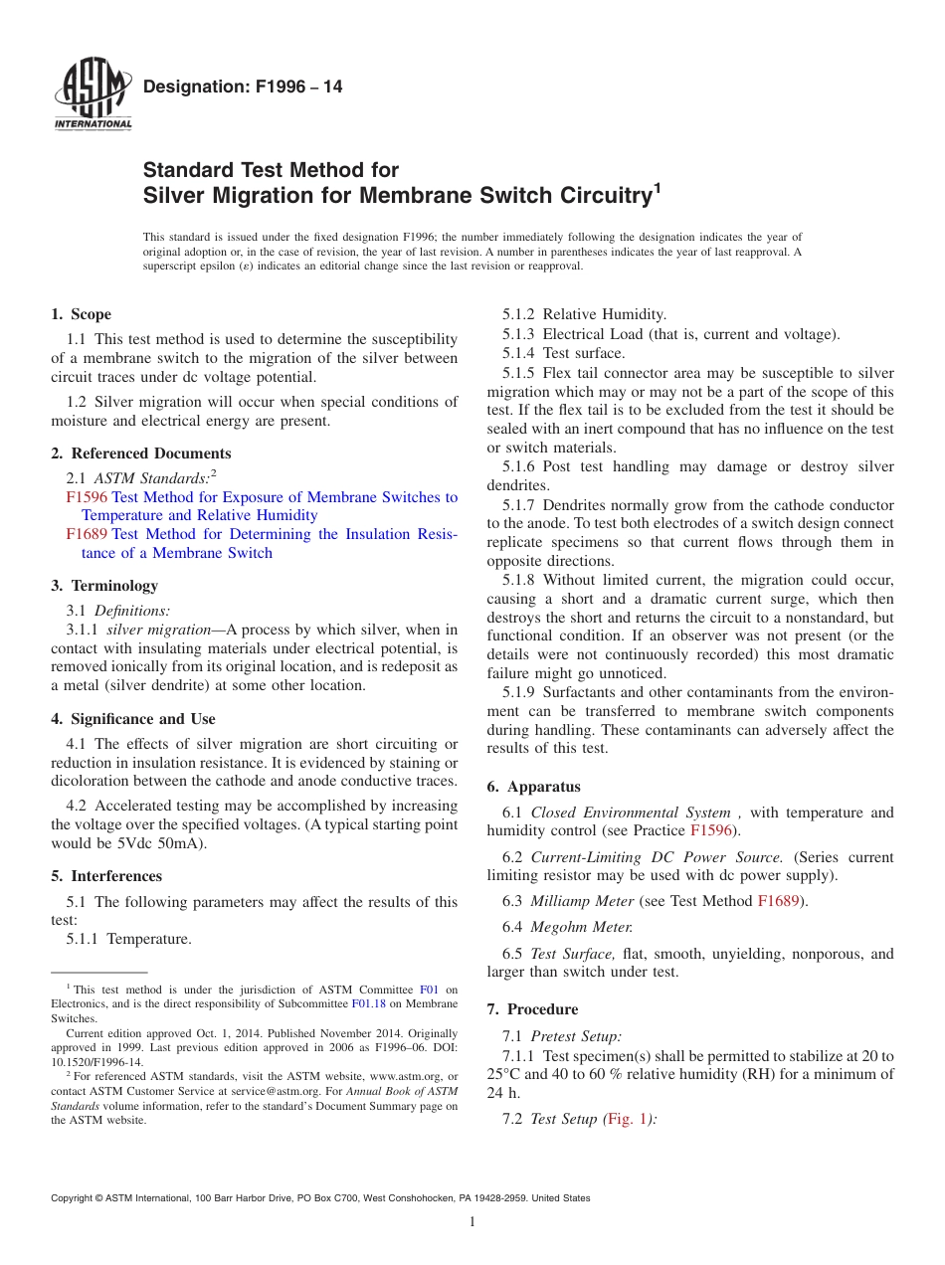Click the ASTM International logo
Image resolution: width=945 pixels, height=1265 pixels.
click(x=93, y=95)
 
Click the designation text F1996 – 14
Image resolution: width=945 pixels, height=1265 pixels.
click(x=243, y=88)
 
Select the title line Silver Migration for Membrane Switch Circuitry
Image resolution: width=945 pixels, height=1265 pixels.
click(x=398, y=195)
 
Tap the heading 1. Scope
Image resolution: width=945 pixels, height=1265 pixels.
click(x=82, y=314)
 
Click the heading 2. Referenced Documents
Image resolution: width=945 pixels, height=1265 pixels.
click(x=141, y=453)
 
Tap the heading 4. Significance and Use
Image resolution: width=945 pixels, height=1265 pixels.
click(x=133, y=719)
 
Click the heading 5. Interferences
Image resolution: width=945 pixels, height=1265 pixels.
click(x=106, y=876)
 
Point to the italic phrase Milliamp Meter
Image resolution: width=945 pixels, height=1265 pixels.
click(x=582, y=901)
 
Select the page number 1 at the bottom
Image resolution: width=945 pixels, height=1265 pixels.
click(x=472, y=1221)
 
